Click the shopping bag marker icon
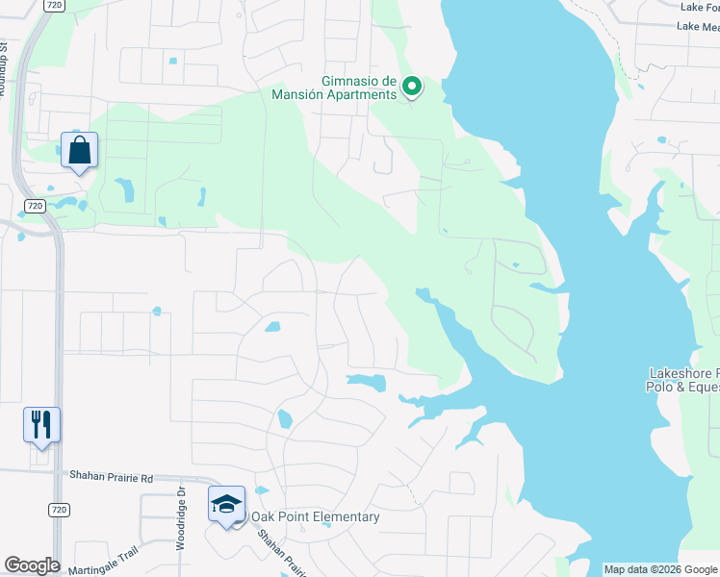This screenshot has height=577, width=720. click(x=79, y=151)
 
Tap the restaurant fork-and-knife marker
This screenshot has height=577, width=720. click(x=41, y=424)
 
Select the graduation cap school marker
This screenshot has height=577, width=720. click(x=226, y=504)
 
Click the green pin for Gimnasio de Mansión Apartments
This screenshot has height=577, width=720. click(x=412, y=88)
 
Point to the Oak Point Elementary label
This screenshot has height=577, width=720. click(x=315, y=517)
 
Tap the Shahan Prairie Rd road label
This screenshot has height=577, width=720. click(x=111, y=476)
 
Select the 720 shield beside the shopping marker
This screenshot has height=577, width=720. click(x=34, y=206)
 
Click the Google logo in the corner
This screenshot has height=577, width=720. click(x=32, y=565)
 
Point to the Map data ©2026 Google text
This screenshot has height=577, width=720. click(x=660, y=569)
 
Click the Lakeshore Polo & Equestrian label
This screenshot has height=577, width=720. click(x=684, y=380)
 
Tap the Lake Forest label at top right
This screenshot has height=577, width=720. click(x=699, y=7)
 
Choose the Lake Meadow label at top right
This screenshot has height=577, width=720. click(x=697, y=27)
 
